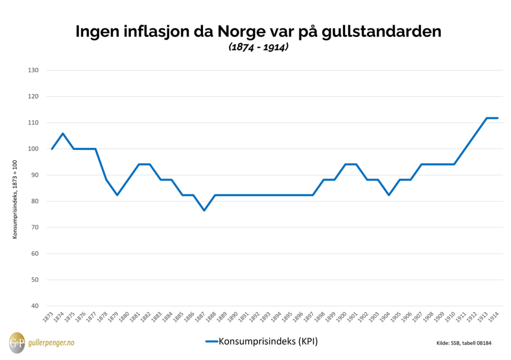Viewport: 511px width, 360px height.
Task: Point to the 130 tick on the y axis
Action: [33, 70]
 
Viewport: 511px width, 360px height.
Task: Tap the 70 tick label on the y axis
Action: [34, 227]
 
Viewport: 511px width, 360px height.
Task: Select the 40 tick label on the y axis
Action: [34, 306]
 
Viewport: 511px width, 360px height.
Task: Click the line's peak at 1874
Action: [63, 133]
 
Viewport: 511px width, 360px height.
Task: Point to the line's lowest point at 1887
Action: [204, 210]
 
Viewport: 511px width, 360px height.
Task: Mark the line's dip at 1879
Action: [117, 195]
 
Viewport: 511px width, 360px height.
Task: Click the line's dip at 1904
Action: [389, 195]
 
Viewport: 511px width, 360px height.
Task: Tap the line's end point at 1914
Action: [498, 118]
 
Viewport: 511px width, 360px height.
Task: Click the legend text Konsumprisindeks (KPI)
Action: [268, 342]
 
